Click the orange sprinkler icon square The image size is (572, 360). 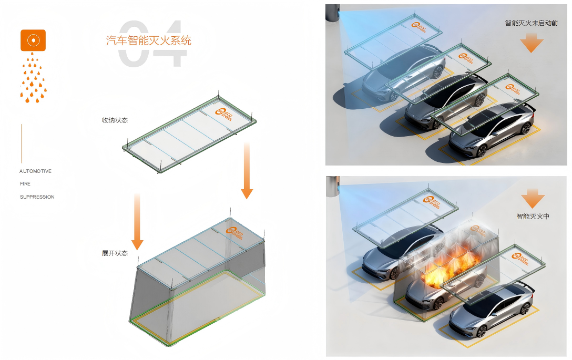coord(33,40)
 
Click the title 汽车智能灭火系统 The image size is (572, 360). coord(149,40)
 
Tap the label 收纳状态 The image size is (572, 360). coord(115,120)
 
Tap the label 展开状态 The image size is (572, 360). coord(115,253)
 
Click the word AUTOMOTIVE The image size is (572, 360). coord(36,171)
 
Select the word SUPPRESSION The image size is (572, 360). coord(37,197)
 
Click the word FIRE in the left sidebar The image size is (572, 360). coord(25,184)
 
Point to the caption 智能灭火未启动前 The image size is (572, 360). coord(531,23)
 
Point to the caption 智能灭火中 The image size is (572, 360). coord(533,216)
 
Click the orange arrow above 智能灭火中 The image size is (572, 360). coord(533,198)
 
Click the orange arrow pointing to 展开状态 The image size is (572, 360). coord(137,221)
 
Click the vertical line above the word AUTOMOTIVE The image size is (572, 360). coord(22,143)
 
